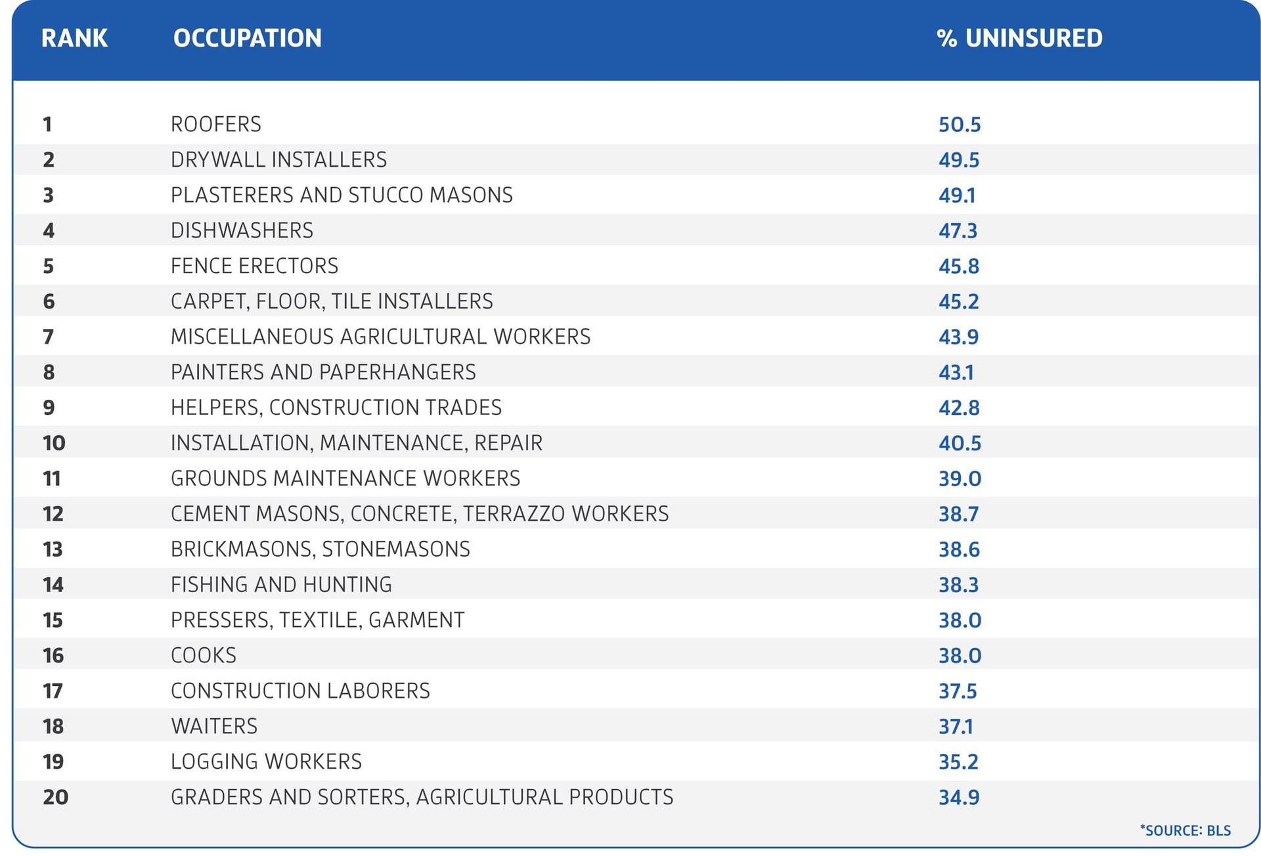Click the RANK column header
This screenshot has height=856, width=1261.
coord(74,38)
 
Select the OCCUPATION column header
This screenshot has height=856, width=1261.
coord(247,38)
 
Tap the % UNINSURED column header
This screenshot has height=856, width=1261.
coord(1019,38)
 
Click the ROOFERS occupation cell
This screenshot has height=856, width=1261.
coord(215,124)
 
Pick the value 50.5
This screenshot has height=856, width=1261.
coord(959,125)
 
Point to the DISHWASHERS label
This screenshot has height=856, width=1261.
coord(242,230)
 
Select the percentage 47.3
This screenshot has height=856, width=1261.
coord(958,231)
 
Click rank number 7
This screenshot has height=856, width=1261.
coord(48,337)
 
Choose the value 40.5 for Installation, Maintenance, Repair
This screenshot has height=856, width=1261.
coord(960,443)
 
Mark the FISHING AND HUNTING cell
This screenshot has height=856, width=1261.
coord(281,584)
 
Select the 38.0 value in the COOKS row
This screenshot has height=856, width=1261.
coord(960,656)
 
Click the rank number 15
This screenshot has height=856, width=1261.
coord(53,620)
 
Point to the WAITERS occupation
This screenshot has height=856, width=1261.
coord(214,726)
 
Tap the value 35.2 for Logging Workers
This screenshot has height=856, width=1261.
coord(958,762)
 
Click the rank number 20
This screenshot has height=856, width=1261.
coord(55,797)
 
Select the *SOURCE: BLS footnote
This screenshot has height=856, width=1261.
coord(1185,830)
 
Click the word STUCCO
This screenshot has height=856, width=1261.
coord(386,195)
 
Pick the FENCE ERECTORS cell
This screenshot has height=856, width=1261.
coord(254,266)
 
